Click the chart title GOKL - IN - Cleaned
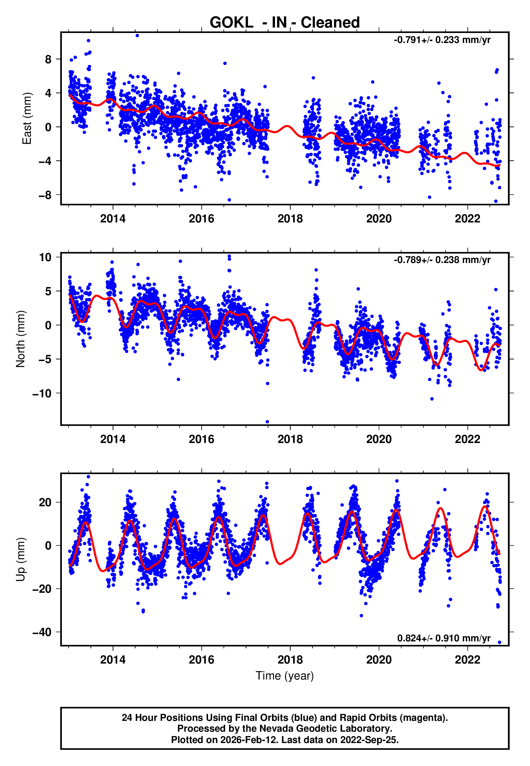[x=285, y=23]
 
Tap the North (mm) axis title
[x=21, y=339]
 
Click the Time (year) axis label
[x=285, y=676]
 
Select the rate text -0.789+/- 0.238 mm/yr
[x=442, y=260]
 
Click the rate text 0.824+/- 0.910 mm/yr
[x=444, y=638]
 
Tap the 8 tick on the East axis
[x=48, y=59]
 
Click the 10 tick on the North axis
[x=45, y=257]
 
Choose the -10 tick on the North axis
[x=42, y=393]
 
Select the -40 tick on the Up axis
[x=42, y=632]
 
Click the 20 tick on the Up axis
[x=45, y=502]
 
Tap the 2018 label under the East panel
[x=290, y=219]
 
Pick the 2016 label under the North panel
[x=202, y=439]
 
